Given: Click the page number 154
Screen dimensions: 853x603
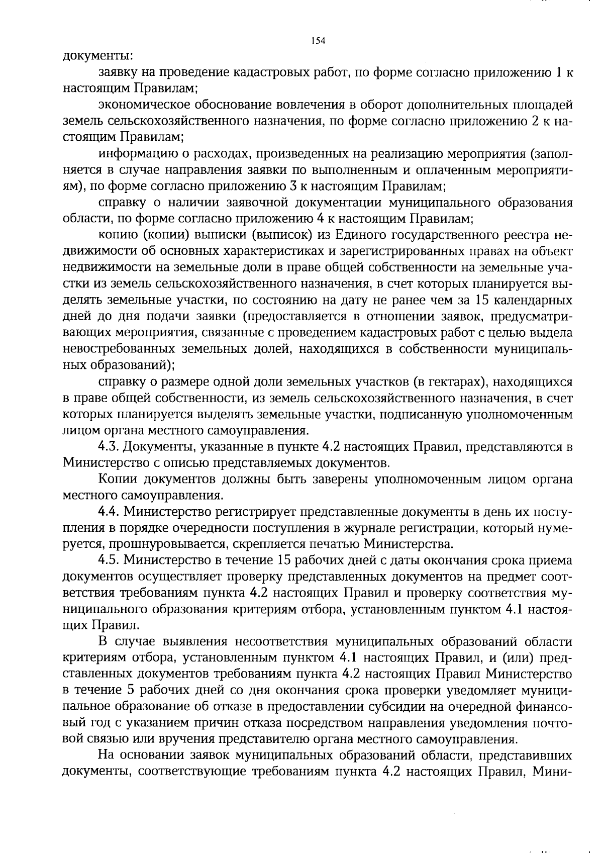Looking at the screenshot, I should pyautogui.click(x=318, y=41).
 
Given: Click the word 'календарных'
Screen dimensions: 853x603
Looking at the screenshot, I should pyautogui.click(x=536, y=300).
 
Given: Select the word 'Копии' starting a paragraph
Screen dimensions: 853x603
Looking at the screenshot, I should pyautogui.click(x=115, y=480).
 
